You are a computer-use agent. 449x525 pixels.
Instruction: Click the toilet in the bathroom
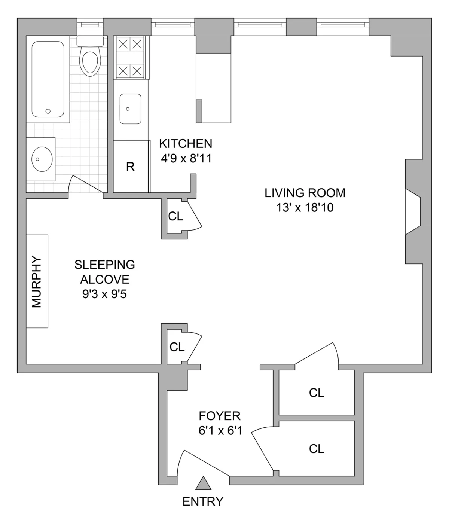pos(90,60)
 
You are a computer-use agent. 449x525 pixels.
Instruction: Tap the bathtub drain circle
pos(48,111)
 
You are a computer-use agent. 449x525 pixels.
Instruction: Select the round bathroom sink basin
pos(42,159)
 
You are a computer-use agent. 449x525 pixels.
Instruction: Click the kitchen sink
pos(130,109)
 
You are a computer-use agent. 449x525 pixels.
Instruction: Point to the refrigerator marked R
pos(130,167)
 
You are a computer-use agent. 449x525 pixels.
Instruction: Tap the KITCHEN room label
pos(186,143)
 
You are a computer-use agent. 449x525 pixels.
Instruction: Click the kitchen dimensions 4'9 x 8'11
pos(186,159)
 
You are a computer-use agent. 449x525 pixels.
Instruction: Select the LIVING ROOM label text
pos(305,193)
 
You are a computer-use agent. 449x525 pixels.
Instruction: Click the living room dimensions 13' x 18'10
pos(305,207)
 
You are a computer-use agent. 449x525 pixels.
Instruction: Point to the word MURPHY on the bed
pos(37,281)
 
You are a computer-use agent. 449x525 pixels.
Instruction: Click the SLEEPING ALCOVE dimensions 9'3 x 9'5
pos(104,294)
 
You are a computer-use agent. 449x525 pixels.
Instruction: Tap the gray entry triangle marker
pos(203,483)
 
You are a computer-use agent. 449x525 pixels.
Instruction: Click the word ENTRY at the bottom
pos(203,501)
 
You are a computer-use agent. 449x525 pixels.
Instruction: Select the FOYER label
pos(220,416)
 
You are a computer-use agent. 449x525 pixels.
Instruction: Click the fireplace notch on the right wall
pos(413,211)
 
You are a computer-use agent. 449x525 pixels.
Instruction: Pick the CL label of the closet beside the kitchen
pos(175,216)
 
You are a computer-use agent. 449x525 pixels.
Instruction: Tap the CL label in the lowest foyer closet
pos(317,449)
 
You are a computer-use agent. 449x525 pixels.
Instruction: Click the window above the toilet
pos(90,25)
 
